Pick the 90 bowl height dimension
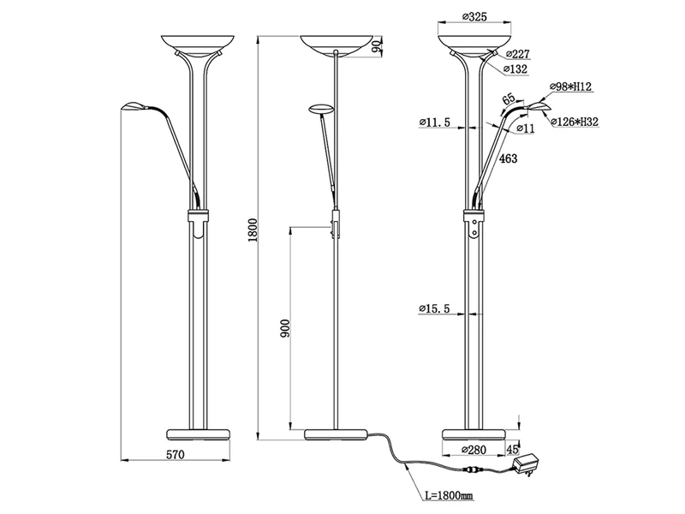point(378,48)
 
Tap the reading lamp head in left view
point(134,107)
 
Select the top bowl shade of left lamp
point(196,44)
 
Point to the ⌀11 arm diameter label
point(527,128)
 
